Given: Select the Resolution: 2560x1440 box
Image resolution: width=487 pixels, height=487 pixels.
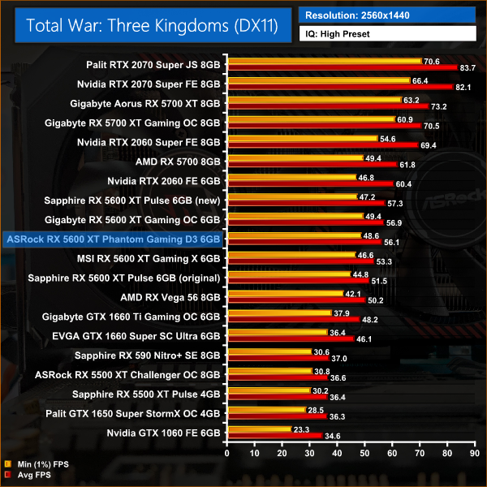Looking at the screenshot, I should (387, 15).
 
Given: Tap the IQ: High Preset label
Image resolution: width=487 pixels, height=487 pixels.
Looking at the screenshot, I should (387, 34).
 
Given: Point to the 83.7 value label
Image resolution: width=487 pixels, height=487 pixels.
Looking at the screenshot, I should (468, 68).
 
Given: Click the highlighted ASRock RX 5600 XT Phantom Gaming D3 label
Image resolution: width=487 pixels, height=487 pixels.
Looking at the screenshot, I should (112, 239).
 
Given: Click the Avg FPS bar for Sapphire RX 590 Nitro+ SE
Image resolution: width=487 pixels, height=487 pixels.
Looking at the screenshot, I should (278, 359).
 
